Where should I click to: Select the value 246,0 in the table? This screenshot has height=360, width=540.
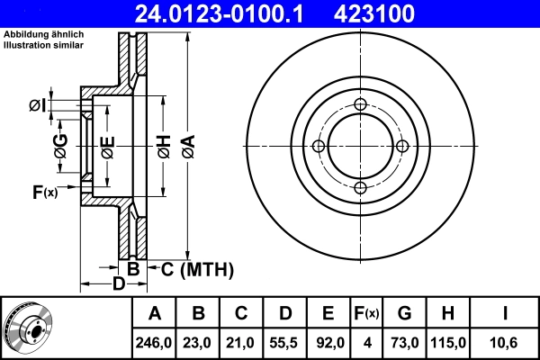tap(155, 342)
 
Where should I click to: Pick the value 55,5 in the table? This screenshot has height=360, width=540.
tap(285, 342)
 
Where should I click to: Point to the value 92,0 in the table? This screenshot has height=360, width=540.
tap(329, 342)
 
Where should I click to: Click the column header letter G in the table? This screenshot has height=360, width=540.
tap(404, 313)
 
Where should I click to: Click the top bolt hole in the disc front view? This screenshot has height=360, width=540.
tap(361, 104)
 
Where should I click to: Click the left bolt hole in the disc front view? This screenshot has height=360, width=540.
tap(319, 146)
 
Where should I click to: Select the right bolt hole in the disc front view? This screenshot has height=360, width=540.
tap(402, 146)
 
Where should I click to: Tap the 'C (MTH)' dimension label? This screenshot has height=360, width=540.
tap(197, 268)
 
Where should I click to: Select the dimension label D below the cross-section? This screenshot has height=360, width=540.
tap(118, 285)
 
